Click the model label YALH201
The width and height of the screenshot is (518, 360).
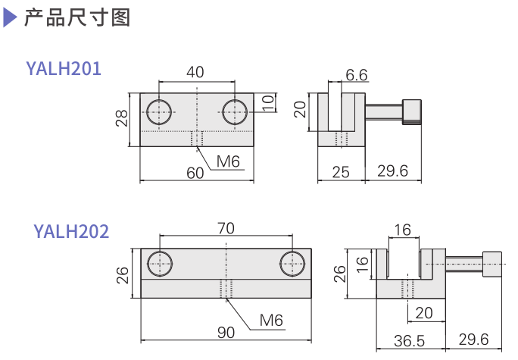64,69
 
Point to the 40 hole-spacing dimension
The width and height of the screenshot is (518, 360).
195,73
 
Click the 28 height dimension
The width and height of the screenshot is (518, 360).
121,118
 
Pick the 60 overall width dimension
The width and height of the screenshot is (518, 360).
195,173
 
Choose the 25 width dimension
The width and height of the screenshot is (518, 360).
341,172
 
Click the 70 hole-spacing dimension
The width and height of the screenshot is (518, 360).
226,228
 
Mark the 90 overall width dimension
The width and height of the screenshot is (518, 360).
226,332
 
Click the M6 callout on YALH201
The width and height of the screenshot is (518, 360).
227,161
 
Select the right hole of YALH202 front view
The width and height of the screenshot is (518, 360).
292,264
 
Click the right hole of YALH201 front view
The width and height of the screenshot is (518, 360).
235,112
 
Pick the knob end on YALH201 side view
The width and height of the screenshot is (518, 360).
413,111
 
